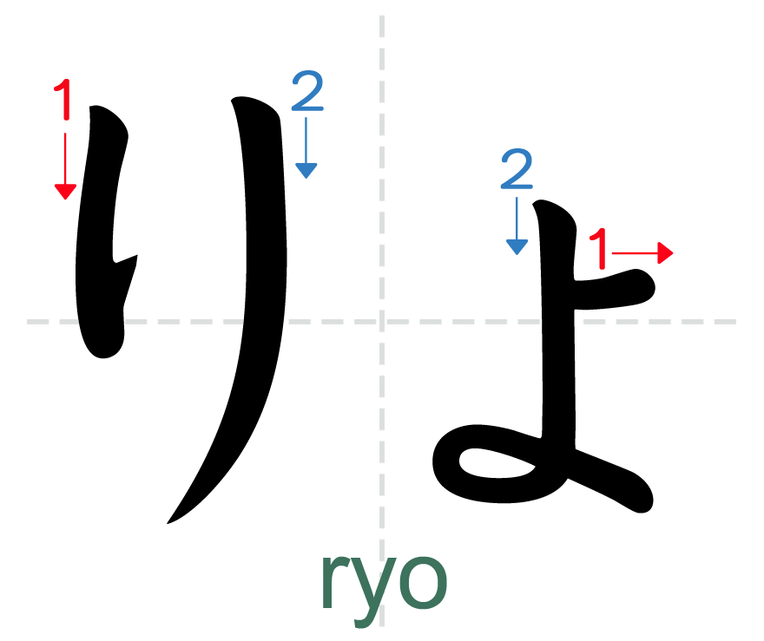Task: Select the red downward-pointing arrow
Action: tap(65, 165)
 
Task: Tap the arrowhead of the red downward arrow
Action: tap(65, 192)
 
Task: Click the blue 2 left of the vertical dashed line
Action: tap(307, 92)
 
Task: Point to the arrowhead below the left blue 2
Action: tap(306, 170)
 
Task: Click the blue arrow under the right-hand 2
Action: tap(517, 226)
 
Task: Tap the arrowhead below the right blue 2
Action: tap(517, 246)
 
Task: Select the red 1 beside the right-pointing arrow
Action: tap(599, 249)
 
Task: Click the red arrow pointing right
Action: tap(642, 253)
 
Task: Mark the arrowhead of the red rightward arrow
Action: tap(666, 253)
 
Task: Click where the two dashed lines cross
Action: tap(382, 322)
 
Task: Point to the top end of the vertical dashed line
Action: tap(382, 16)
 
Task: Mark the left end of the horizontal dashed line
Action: tap(29, 322)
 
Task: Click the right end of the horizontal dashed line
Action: tap(734, 322)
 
